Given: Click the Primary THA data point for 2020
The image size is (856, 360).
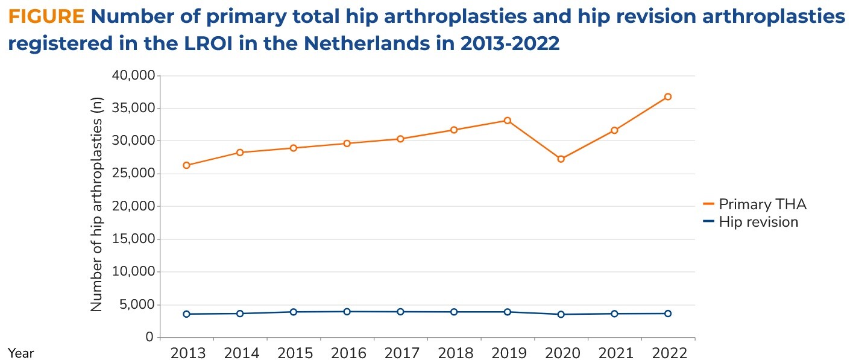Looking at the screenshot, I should (x=561, y=159).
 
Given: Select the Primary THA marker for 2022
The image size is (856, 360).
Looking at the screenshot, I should (x=667, y=96).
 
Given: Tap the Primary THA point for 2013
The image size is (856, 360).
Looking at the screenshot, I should (x=186, y=165).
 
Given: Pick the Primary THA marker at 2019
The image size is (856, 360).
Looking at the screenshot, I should (x=508, y=121).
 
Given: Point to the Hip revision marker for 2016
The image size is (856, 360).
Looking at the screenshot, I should (x=347, y=312).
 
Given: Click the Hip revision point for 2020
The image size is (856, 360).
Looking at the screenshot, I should (x=561, y=314).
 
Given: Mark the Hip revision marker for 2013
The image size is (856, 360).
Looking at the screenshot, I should (x=186, y=314).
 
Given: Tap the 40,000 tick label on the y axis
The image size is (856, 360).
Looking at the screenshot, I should (x=133, y=75).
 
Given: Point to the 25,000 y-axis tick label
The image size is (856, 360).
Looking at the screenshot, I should (x=133, y=174).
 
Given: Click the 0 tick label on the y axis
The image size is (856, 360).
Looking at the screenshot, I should (x=149, y=337).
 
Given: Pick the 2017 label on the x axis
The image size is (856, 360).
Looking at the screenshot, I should (x=400, y=353).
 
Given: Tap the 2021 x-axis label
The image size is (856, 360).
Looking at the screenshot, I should (x=614, y=353).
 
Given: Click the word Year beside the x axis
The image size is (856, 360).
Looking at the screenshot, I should (x=21, y=353).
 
